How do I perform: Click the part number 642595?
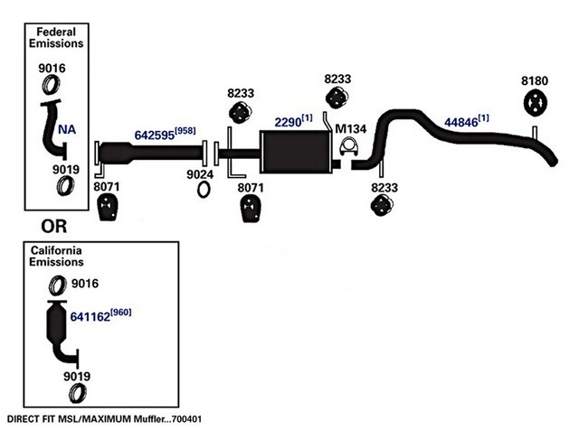(155, 135)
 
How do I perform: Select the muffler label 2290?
(288, 122)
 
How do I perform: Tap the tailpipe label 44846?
(460, 122)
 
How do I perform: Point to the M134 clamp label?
(350, 128)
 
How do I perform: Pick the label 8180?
(535, 80)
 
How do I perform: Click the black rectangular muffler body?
(296, 152)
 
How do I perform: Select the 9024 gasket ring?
(203, 190)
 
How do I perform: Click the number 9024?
(200, 174)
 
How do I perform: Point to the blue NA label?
(67, 129)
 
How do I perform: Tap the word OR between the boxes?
(54, 227)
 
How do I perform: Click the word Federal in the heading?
(56, 32)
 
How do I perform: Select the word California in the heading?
(56, 250)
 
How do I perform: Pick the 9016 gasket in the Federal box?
(51, 84)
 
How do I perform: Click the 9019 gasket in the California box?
(78, 393)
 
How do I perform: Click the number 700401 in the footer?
(187, 419)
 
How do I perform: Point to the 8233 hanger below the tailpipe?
(382, 205)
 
